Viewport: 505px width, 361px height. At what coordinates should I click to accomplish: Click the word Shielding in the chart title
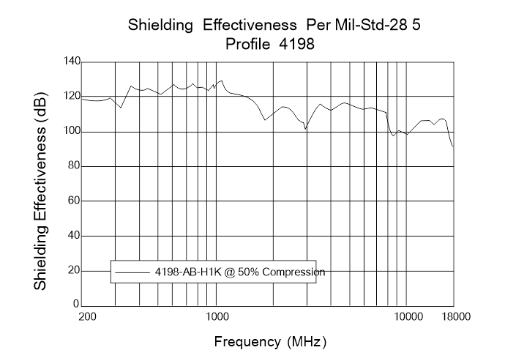click(x=158, y=27)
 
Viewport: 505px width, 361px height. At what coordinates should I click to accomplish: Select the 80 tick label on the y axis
click(x=71, y=165)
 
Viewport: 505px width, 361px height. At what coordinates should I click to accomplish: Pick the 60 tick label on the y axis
click(x=71, y=200)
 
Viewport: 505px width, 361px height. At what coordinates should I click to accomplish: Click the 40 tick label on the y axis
click(x=71, y=235)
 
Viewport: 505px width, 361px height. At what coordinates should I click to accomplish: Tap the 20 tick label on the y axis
click(x=71, y=269)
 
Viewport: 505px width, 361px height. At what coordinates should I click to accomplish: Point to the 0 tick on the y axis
click(x=75, y=303)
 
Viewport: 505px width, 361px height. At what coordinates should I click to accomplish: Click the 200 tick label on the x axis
click(x=87, y=316)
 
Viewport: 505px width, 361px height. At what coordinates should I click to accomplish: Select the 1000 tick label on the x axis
click(x=217, y=316)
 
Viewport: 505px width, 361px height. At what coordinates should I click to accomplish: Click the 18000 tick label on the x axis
click(x=455, y=316)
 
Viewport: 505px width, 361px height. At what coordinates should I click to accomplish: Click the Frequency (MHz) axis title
click(x=270, y=341)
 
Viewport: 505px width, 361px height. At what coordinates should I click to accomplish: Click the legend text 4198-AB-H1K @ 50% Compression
click(x=239, y=271)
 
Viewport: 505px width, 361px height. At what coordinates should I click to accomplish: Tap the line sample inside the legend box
click(x=132, y=272)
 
